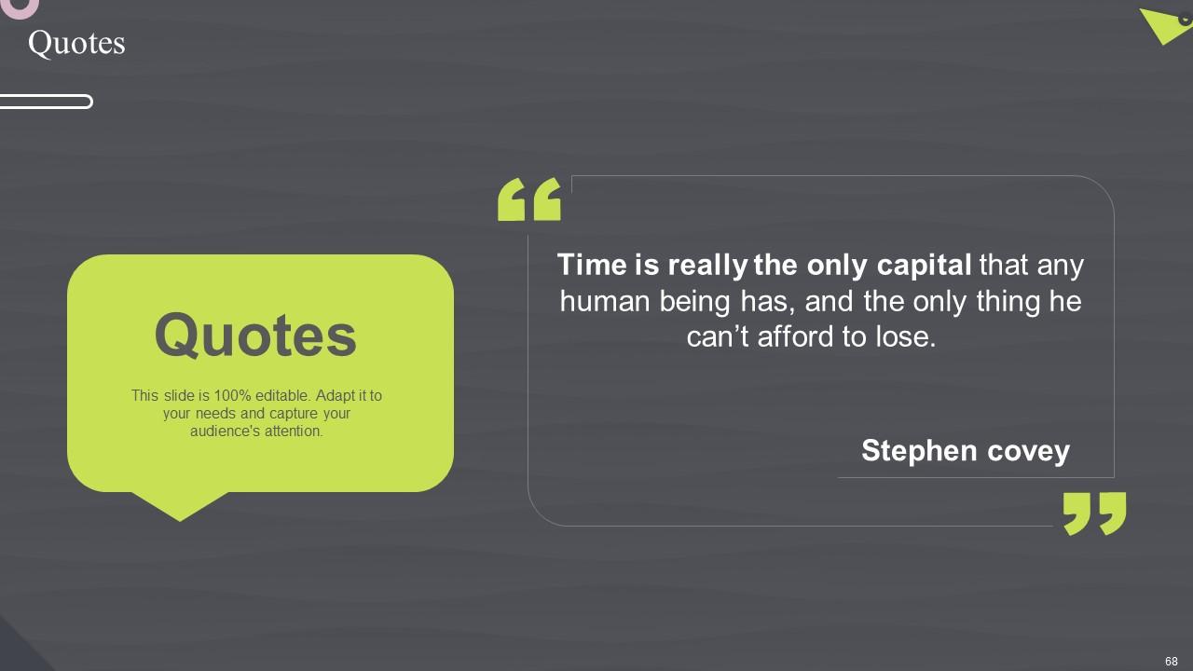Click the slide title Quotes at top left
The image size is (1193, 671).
pyautogui.click(x=76, y=43)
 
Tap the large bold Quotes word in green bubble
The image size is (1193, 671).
pyautogui.click(x=255, y=335)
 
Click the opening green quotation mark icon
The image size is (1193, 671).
pyautogui.click(x=529, y=199)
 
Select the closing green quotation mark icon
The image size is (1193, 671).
pyautogui.click(x=1094, y=514)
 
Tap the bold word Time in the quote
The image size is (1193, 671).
pyautogui.click(x=592, y=266)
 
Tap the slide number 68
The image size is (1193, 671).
pyautogui.click(x=1172, y=661)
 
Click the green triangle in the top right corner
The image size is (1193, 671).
pyautogui.click(x=1163, y=24)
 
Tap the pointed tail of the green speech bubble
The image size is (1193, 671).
pyautogui.click(x=180, y=509)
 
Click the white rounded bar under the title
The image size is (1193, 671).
pyautogui.click(x=46, y=102)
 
